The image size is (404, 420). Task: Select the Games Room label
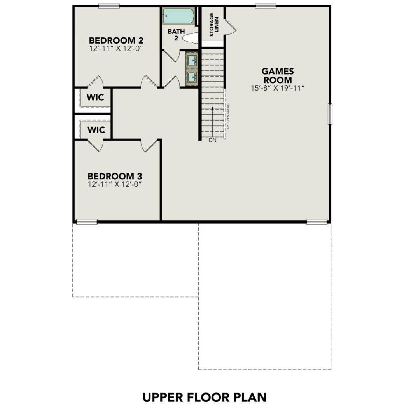click(277, 75)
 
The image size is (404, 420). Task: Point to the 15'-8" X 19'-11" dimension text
click(277, 88)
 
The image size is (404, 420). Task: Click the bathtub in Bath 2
click(177, 16)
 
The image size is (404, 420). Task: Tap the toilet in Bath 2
click(190, 38)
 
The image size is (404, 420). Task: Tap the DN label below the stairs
click(212, 140)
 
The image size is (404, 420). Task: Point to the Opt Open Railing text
click(228, 116)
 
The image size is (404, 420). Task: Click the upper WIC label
click(96, 97)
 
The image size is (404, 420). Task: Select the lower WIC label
click(96, 130)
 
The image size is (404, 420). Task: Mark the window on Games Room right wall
click(330, 114)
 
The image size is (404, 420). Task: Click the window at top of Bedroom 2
click(109, 6)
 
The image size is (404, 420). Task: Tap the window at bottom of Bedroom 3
click(86, 222)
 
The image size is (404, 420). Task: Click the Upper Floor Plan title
click(205, 397)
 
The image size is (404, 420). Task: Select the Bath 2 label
click(176, 35)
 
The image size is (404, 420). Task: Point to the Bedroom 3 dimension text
click(114, 184)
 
